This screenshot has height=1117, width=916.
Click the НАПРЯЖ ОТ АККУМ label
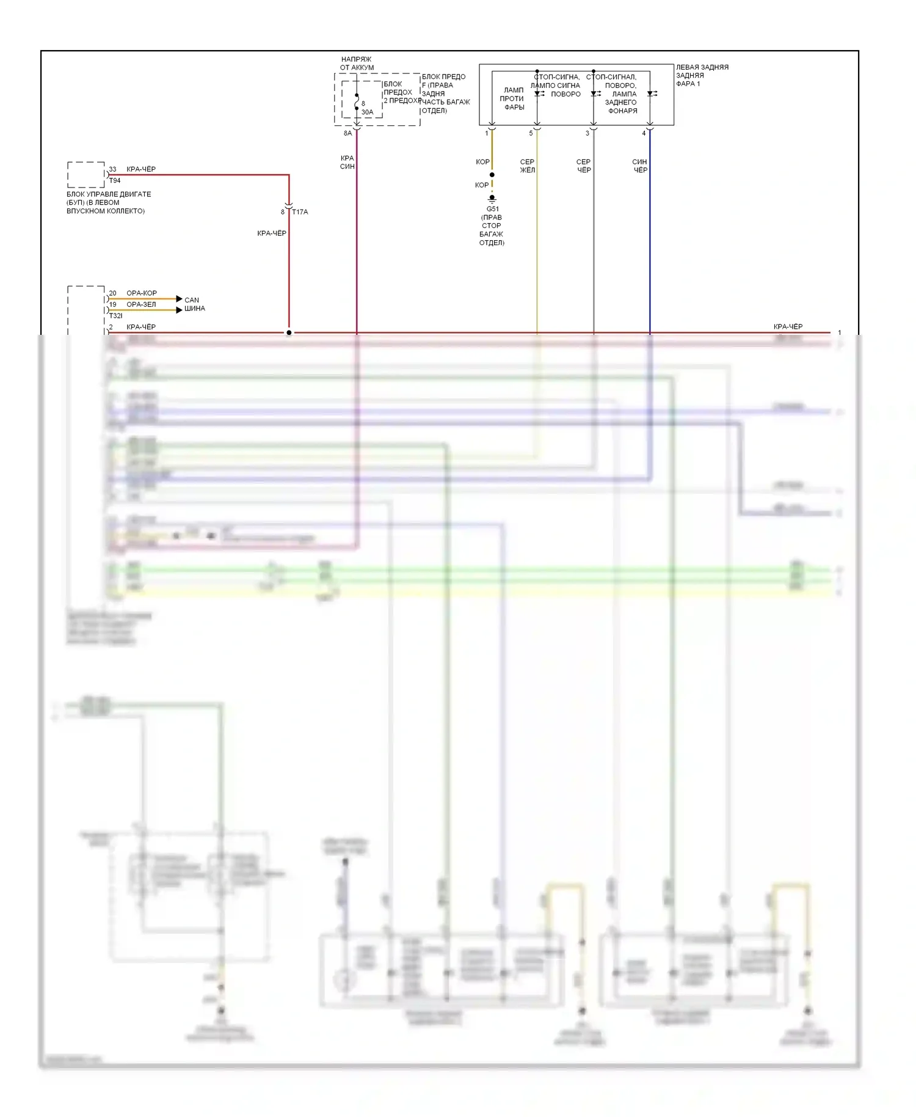(357, 64)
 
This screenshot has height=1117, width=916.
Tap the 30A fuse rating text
(367, 112)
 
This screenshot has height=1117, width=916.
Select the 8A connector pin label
(347, 133)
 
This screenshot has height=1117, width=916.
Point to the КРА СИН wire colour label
(347, 163)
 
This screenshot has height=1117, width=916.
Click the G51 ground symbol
(492, 199)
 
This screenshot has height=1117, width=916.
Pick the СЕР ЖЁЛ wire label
(527, 166)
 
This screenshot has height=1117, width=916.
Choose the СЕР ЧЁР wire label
(584, 166)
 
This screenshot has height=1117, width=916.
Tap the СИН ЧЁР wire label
(639, 166)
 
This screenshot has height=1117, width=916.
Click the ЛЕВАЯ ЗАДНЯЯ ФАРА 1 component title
(702, 75)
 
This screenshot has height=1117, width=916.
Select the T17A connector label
(300, 212)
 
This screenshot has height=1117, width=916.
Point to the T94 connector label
(115, 181)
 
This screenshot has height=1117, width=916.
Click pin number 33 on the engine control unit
(112, 169)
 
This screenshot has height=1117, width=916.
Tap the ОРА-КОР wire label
(142, 293)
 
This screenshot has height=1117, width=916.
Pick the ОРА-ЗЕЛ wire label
(141, 304)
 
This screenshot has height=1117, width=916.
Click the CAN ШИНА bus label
(195, 304)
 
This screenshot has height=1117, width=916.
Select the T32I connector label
(115, 316)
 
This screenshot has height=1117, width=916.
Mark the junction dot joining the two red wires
(289, 333)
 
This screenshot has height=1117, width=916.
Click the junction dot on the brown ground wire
(492, 175)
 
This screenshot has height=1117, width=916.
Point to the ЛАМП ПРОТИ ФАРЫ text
(513, 98)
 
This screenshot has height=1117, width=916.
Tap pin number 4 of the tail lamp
(644, 133)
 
